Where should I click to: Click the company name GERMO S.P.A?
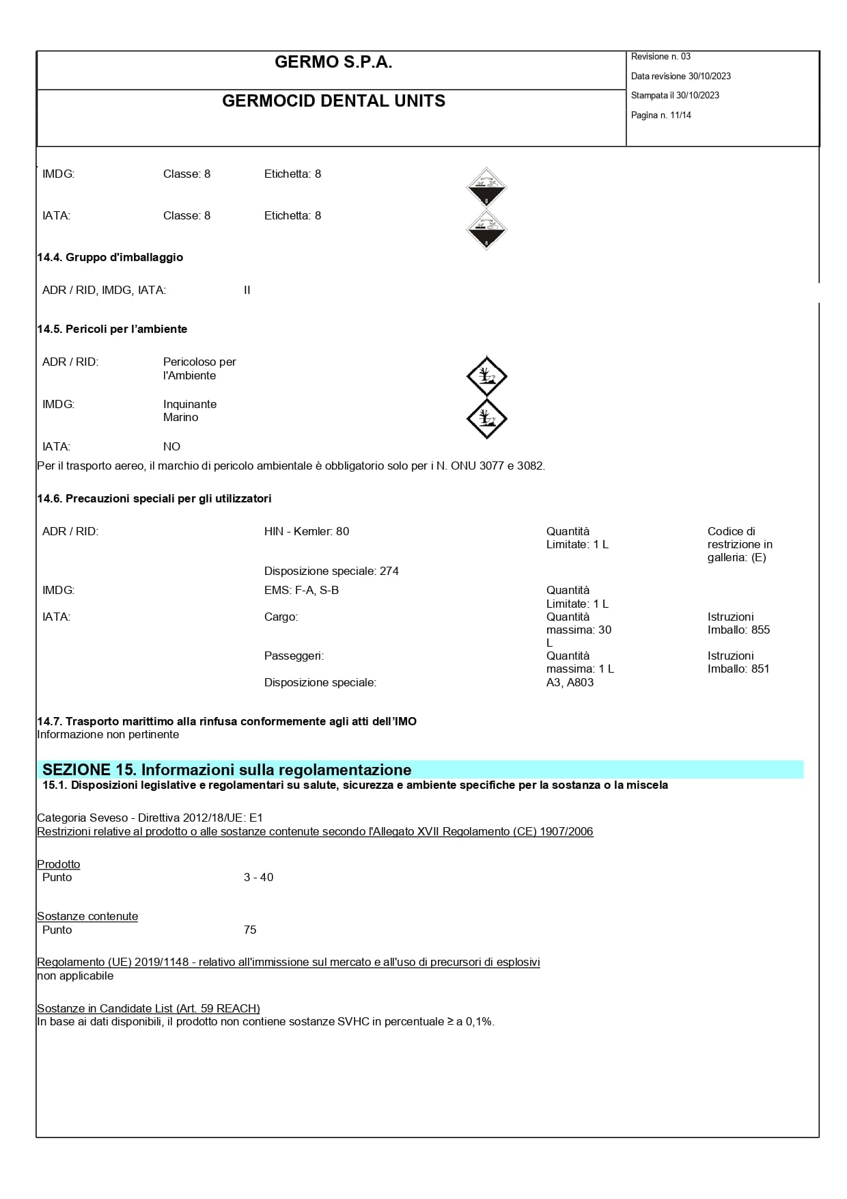coord(333,62)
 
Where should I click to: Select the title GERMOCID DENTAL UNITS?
coord(333,101)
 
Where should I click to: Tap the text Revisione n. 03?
coord(661,57)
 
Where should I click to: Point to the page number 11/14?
coord(680,116)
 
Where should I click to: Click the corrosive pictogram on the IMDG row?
coord(486,188)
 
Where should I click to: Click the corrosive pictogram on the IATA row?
coord(486,230)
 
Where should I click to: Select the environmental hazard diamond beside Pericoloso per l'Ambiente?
coord(486,376)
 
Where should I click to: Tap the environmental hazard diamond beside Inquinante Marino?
coord(486,418)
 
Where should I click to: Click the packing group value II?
coord(247,291)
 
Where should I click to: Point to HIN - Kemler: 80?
coord(307,532)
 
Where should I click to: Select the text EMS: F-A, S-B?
coord(301,591)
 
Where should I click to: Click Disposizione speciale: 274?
coord(331,571)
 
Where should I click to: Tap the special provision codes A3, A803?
coord(570,683)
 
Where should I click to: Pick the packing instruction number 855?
coord(760,630)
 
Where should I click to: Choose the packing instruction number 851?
coord(760,669)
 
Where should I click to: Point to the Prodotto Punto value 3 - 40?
coord(258,878)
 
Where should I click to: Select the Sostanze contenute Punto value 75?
coord(250,930)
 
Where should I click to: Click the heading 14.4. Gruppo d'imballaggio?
coord(110,258)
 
